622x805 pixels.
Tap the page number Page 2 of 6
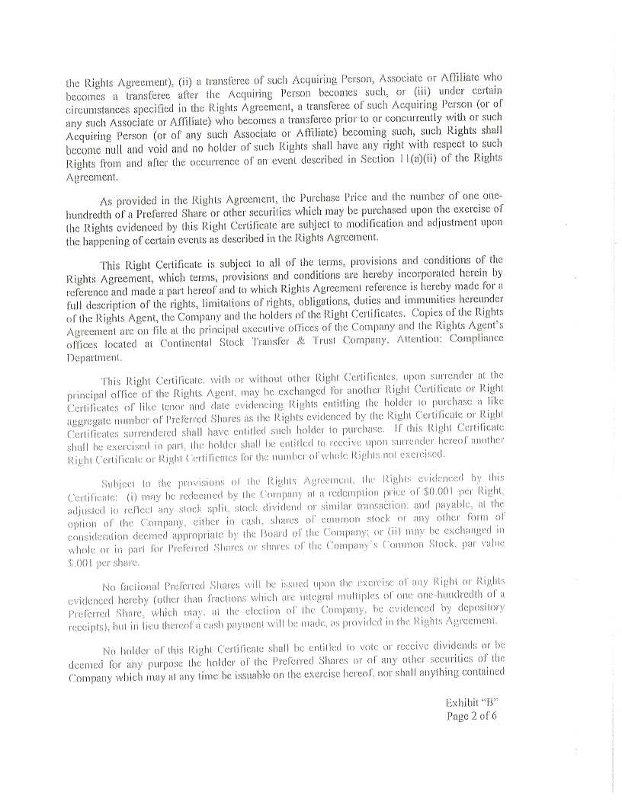[472, 715]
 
